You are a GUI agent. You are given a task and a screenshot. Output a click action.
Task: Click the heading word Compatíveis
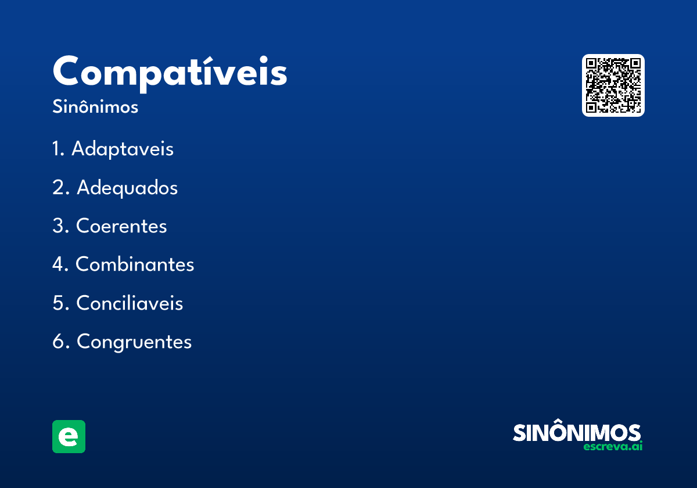point(170,73)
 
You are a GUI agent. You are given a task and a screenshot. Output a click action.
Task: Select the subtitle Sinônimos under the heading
point(95,107)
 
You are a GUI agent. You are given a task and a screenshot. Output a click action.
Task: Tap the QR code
point(613,85)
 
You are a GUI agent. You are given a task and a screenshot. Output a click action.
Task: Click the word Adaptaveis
point(123,149)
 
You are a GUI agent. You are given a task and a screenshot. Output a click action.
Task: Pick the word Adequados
point(127,188)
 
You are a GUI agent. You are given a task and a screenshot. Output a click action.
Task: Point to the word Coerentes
point(121,226)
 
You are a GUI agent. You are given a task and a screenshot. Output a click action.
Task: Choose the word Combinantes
point(135,264)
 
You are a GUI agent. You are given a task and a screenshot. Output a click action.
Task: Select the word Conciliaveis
point(130,303)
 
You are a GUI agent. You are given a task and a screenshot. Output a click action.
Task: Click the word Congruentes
point(134,342)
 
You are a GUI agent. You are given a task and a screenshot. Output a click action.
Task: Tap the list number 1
point(56,149)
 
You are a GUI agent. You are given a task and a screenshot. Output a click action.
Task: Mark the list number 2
point(58,188)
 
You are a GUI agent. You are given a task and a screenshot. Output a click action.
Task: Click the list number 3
point(58,226)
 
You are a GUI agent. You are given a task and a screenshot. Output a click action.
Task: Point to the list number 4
point(58,264)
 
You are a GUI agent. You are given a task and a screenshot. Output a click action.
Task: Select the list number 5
point(58,303)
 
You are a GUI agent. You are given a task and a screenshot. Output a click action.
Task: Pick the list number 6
point(58,342)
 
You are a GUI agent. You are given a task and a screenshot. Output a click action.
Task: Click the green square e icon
point(69,436)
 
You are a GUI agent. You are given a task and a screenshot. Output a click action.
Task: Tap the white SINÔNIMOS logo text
point(577,433)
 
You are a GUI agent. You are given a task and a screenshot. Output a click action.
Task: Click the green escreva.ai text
point(613,447)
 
